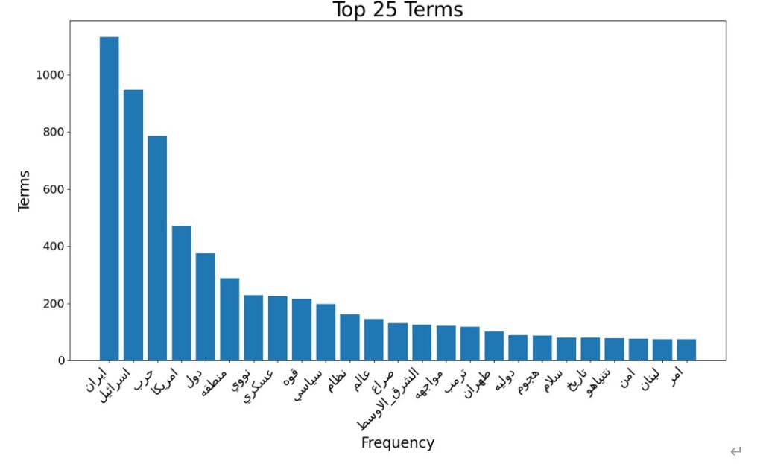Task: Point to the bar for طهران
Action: [494, 346]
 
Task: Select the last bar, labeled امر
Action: [686, 350]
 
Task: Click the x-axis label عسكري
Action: [260, 384]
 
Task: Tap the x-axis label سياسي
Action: [308, 384]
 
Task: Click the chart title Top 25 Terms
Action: [397, 10]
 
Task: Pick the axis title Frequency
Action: [397, 443]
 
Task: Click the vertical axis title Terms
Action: [25, 191]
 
